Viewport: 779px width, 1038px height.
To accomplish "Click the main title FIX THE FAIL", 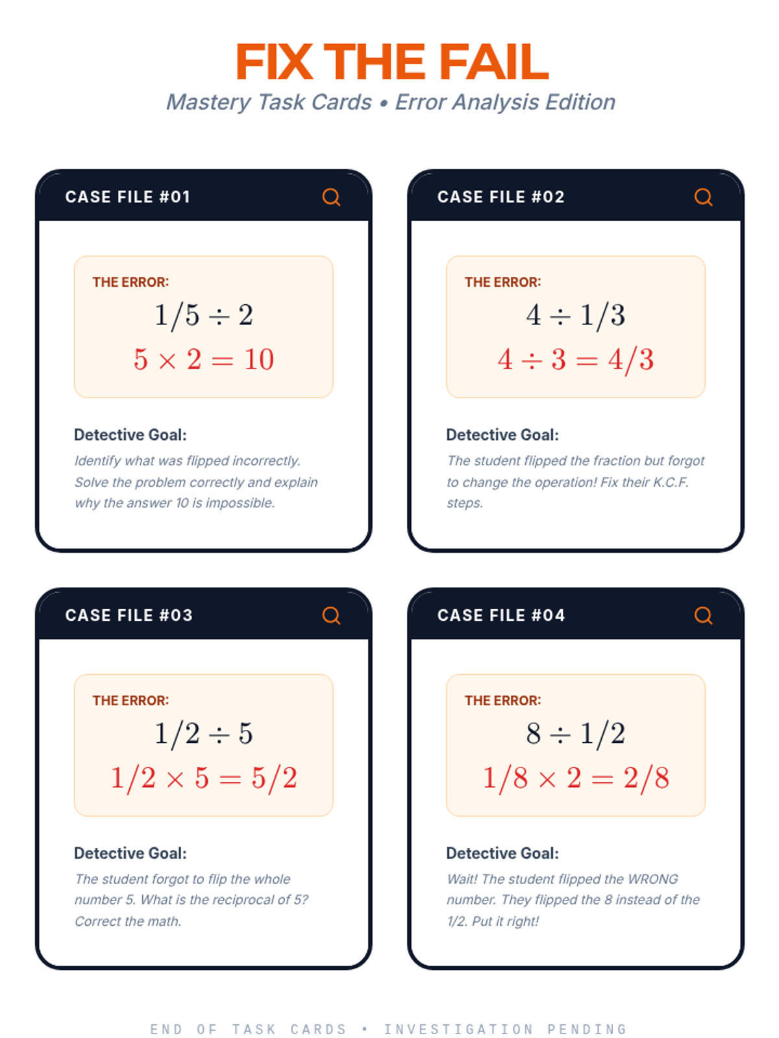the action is click(x=391, y=62).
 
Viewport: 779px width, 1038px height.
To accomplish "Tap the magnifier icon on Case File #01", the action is click(x=331, y=197).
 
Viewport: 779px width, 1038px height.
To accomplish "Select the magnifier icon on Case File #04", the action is click(x=703, y=615).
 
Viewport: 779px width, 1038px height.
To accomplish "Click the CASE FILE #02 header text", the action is click(x=501, y=197).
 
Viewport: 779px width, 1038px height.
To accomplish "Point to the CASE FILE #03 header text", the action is click(x=129, y=615).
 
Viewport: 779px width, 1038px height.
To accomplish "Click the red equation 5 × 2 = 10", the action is click(x=204, y=359).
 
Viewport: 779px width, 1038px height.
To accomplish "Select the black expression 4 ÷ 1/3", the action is click(x=576, y=315).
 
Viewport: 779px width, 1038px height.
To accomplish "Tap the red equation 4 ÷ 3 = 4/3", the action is click(x=576, y=359).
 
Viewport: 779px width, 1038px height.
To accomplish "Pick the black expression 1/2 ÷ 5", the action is click(x=204, y=734).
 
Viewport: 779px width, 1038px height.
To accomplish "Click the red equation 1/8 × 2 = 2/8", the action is click(x=576, y=778).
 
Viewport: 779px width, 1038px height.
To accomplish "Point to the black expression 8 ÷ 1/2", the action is click(x=576, y=734).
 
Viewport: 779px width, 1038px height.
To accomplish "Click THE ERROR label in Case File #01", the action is click(x=130, y=282).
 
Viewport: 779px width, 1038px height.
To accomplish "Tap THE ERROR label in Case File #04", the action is click(x=502, y=701).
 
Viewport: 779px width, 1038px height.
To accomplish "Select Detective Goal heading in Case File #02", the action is click(x=502, y=435).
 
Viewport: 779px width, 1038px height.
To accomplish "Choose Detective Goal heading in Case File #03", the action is click(x=130, y=854).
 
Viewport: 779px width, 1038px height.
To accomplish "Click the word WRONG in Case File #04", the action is click(x=652, y=879).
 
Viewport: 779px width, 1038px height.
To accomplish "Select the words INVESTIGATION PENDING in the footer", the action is click(x=505, y=1030).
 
